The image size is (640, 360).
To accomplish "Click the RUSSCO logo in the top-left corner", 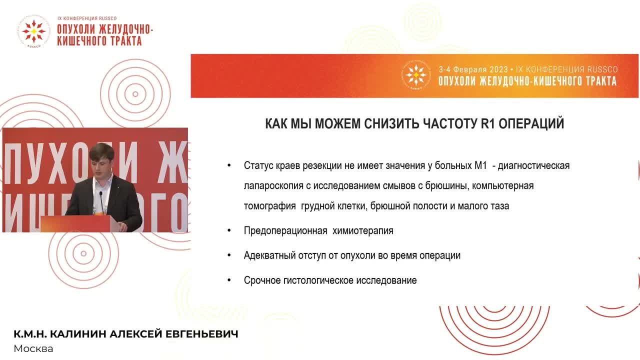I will point(33,31).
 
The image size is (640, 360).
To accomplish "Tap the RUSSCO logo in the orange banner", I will point(416,76).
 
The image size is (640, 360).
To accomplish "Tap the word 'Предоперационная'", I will point(285,231).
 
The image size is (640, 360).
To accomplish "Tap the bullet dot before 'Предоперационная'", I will point(229,230).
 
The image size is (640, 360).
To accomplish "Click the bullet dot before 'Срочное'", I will point(229,280).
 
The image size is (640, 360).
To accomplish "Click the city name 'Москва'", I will point(33,348).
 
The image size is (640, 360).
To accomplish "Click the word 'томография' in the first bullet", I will point(270,206).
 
